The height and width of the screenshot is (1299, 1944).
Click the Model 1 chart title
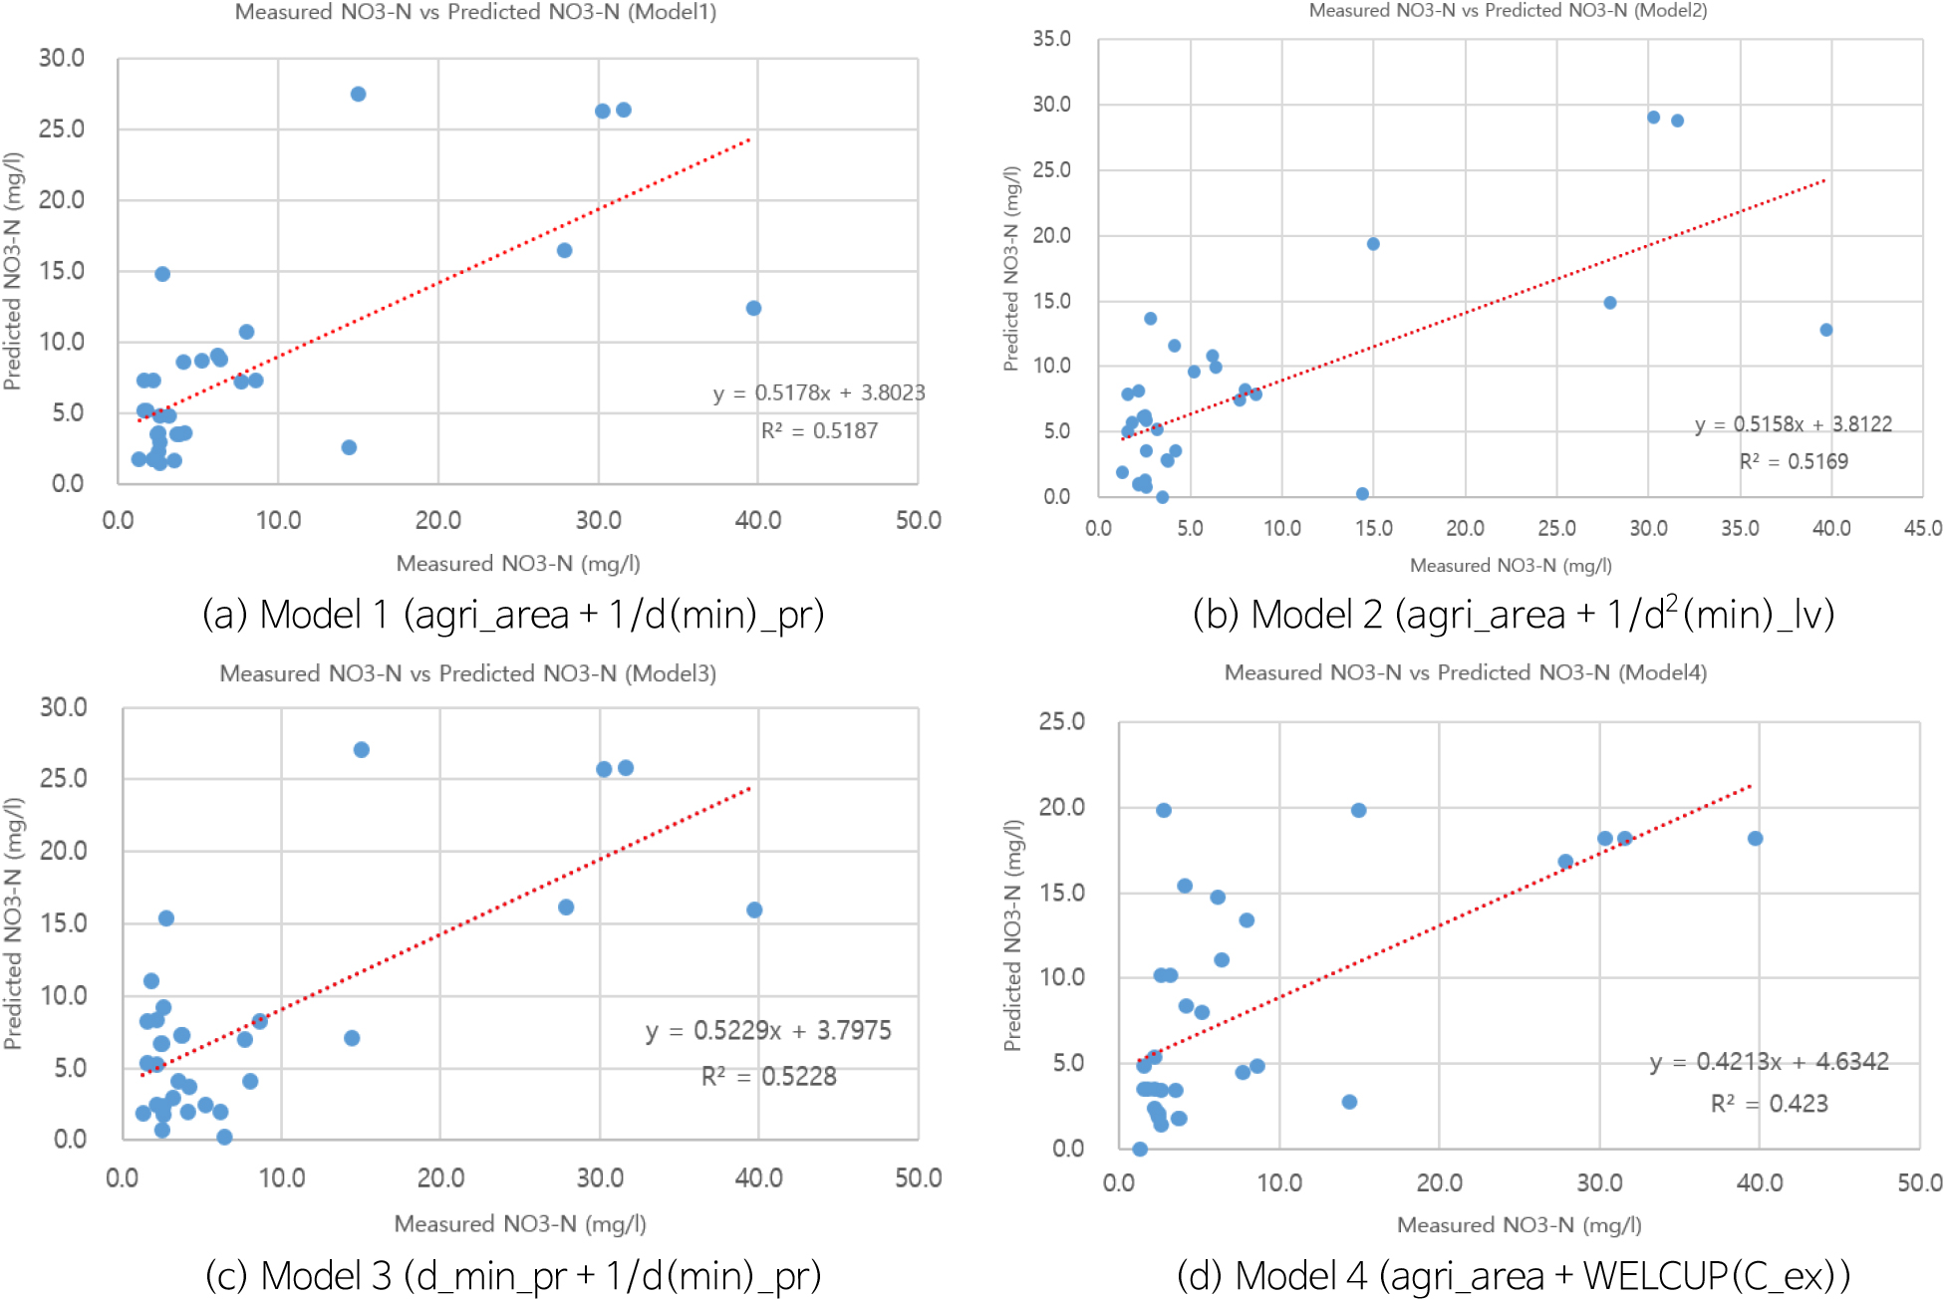tap(475, 12)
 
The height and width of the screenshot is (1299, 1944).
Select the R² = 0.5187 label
tap(819, 430)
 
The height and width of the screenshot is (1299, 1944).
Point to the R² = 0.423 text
tap(1769, 1104)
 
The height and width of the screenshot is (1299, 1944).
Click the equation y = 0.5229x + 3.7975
tap(767, 1030)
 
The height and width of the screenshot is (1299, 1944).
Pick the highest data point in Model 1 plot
tap(359, 94)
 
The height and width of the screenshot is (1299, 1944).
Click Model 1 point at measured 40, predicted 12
tap(753, 308)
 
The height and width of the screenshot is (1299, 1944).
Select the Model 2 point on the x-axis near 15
tap(1362, 494)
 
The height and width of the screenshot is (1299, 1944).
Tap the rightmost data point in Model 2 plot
tap(1825, 330)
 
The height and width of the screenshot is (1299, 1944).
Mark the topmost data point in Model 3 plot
tap(362, 749)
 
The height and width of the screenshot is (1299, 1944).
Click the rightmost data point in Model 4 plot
tap(1755, 839)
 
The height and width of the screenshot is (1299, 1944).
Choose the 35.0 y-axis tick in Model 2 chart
tap(1051, 39)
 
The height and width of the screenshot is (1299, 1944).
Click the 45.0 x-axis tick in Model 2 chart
tap(1922, 528)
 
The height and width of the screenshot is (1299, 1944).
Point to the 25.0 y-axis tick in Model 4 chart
tap(1061, 721)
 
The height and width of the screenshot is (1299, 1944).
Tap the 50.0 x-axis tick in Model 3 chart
tap(918, 1178)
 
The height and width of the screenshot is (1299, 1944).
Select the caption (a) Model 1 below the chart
tap(513, 615)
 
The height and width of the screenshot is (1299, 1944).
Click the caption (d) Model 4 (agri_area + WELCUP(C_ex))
tap(1513, 1275)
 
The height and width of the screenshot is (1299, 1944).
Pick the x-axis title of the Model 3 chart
tap(519, 1223)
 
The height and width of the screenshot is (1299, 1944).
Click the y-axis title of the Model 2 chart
tap(1011, 269)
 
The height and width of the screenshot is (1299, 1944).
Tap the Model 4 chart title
tap(1465, 672)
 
